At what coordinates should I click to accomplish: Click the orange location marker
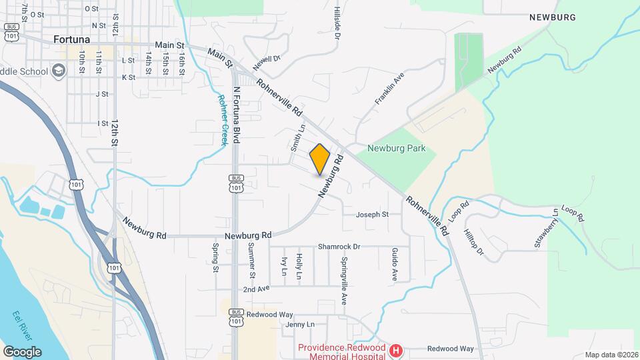(x=320, y=159)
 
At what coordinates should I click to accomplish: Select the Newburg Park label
(x=396, y=148)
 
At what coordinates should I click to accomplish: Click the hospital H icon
(x=396, y=350)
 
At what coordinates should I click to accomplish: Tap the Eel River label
(x=21, y=325)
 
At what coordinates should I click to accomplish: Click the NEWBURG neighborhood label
(x=552, y=17)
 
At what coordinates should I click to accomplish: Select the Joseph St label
(x=372, y=215)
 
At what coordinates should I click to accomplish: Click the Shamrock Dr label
(x=339, y=246)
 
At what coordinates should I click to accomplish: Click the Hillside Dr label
(x=337, y=23)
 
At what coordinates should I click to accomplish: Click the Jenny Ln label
(x=299, y=325)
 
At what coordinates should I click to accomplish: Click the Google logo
(x=22, y=351)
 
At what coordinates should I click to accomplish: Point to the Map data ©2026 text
(x=611, y=355)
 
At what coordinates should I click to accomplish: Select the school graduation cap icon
(x=59, y=71)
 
